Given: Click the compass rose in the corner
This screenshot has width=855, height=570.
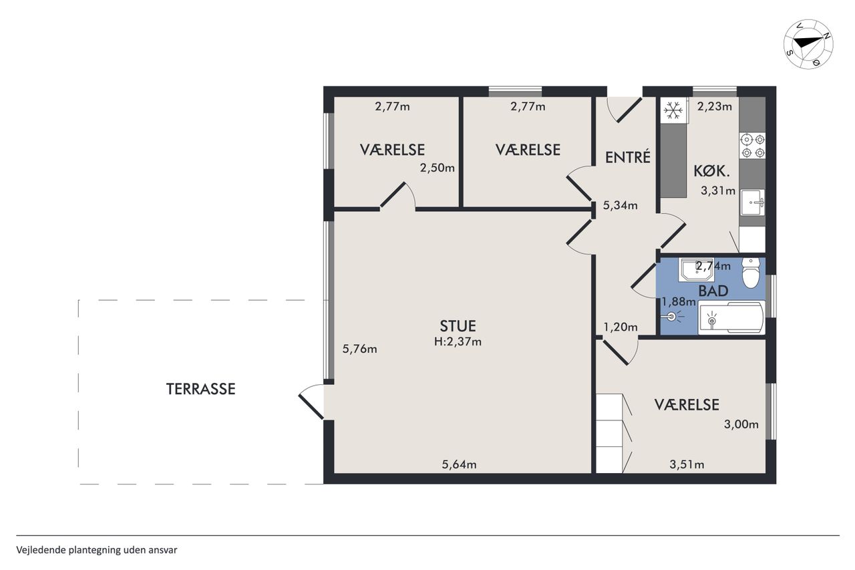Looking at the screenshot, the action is [808, 44].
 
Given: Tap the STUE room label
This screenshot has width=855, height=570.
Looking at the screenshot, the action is [458, 326].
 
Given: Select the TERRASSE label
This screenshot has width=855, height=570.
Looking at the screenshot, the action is [201, 389].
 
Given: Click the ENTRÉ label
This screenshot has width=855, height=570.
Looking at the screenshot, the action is [627, 157].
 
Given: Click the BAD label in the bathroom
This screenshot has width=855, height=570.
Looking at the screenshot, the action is [713, 291].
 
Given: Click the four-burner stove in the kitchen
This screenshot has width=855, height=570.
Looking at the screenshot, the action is [752, 146].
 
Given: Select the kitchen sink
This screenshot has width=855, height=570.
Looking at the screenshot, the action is [753, 202].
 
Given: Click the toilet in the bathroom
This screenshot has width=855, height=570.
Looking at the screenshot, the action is [751, 273].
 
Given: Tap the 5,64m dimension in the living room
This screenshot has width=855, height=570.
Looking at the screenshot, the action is [459, 464].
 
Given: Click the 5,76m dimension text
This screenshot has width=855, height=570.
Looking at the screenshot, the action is [359, 349].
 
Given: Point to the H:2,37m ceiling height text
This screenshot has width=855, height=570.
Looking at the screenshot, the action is [458, 341].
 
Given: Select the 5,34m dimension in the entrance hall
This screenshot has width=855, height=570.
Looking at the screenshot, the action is [620, 205].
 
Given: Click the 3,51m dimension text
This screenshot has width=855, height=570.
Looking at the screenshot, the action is [687, 464].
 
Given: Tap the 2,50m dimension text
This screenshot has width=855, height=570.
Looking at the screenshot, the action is [438, 168].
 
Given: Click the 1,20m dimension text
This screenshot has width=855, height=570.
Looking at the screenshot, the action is [621, 327].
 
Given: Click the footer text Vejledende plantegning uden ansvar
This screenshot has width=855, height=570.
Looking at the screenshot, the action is [97, 550].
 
